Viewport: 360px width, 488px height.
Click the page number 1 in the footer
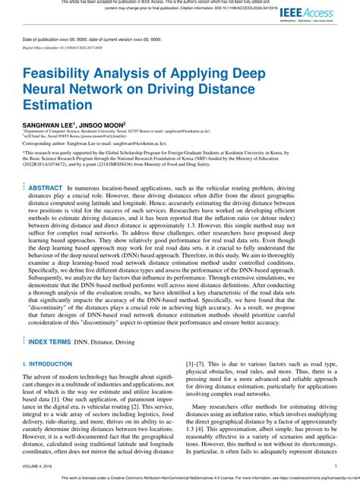coord(336,466)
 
